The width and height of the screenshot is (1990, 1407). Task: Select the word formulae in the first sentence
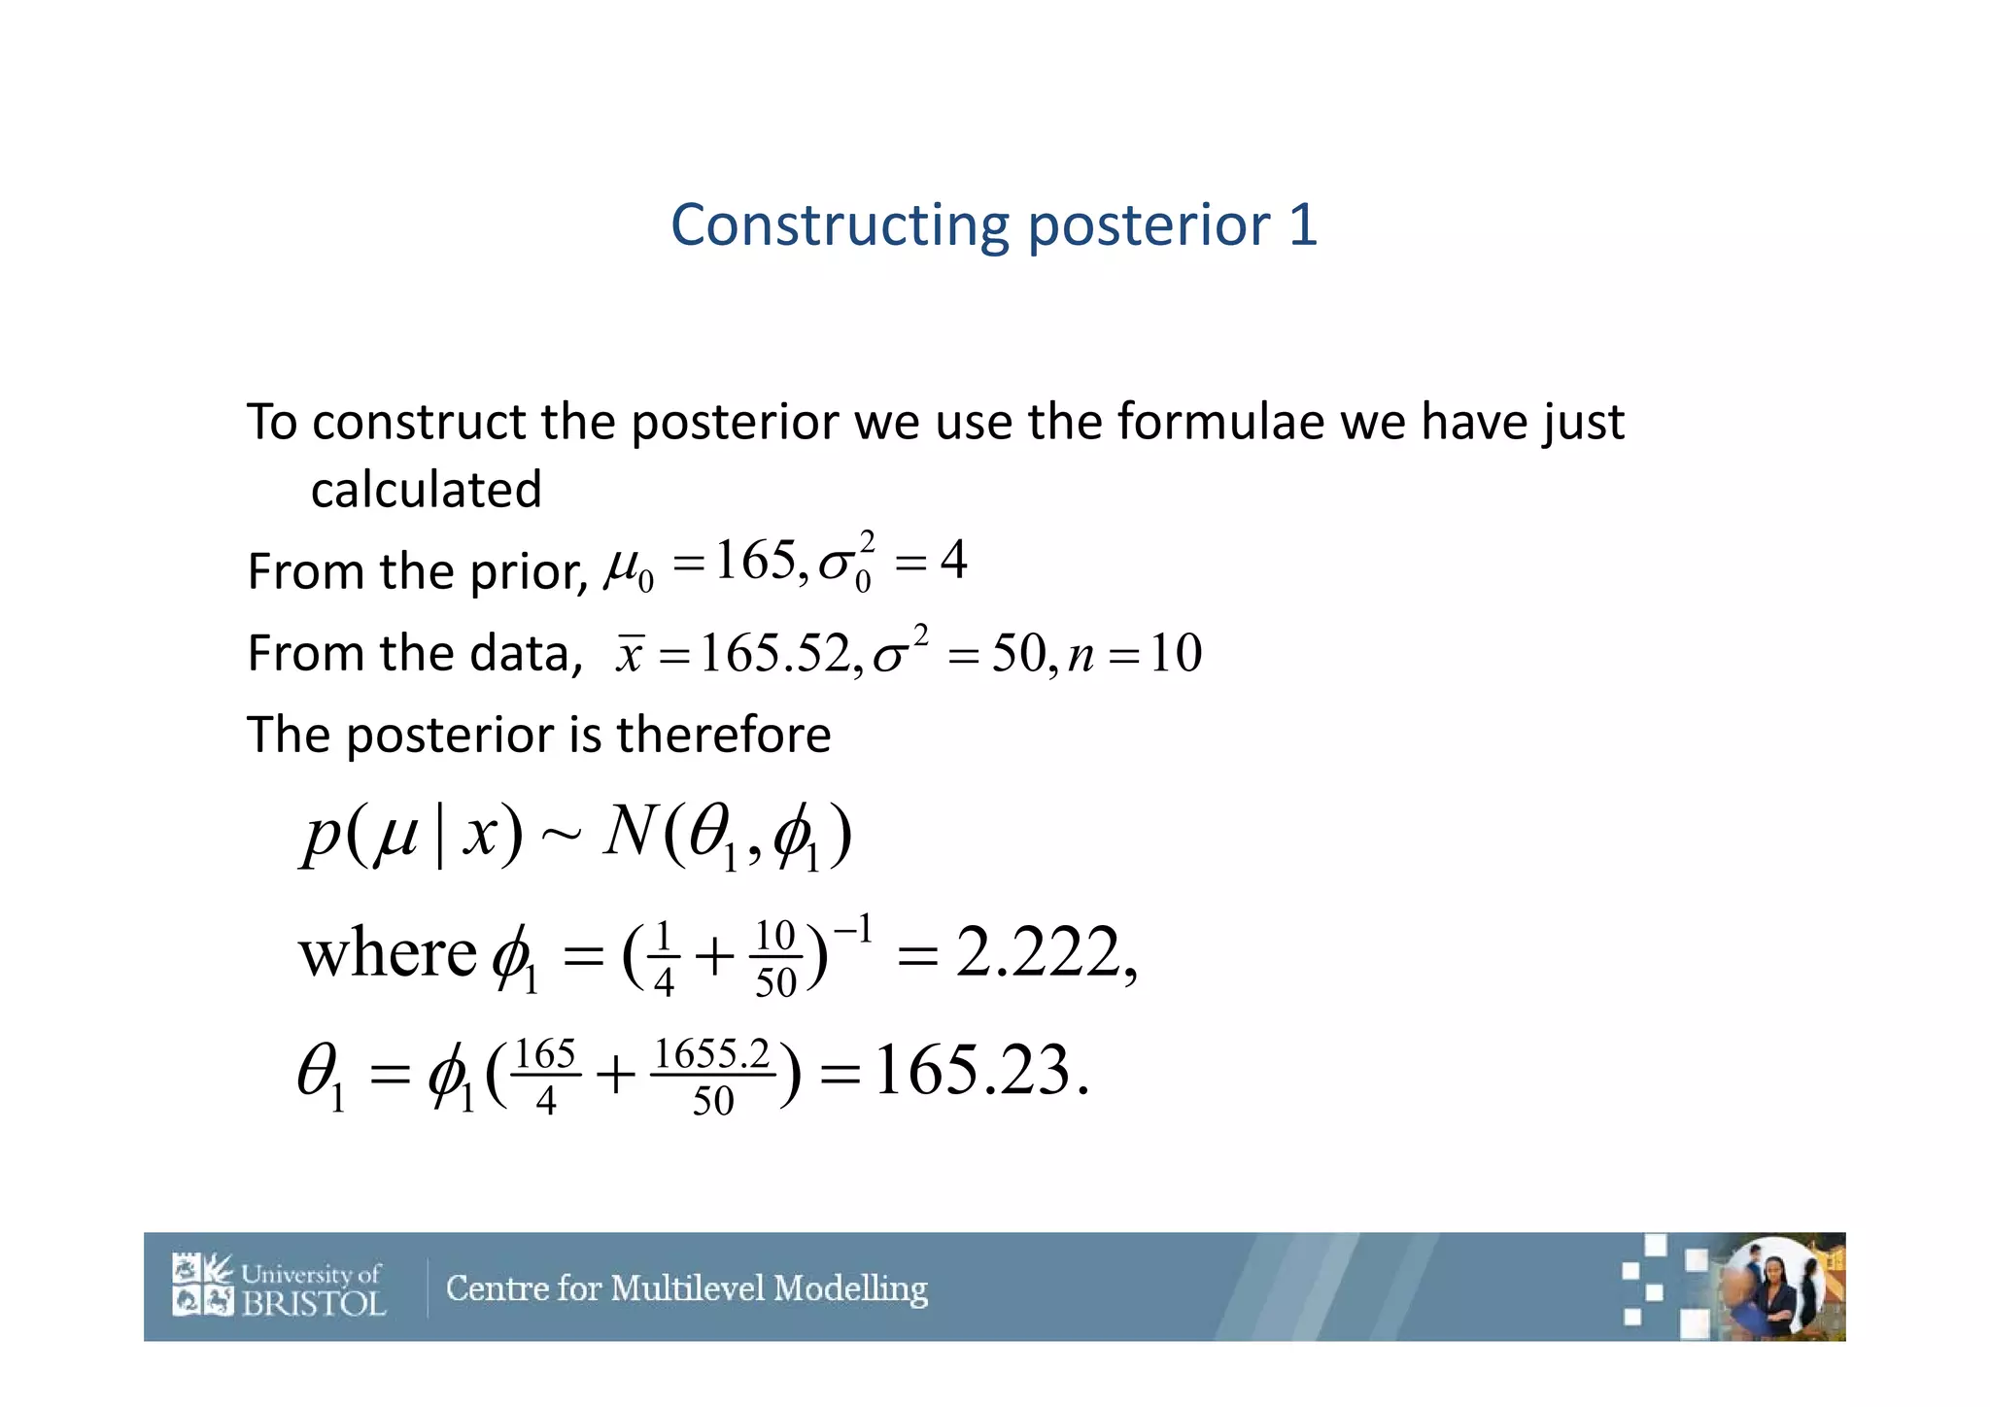(1219, 422)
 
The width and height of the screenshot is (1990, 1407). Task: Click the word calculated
(426, 489)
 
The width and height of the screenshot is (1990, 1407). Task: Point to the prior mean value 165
(755, 561)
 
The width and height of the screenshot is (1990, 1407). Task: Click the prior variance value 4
(953, 561)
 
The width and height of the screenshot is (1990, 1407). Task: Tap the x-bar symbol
(630, 653)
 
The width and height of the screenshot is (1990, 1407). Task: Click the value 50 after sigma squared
(1017, 653)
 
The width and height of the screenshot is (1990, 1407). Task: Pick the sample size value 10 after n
(1176, 653)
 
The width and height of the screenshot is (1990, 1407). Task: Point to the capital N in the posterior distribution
(631, 832)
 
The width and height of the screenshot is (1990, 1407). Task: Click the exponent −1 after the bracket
(853, 930)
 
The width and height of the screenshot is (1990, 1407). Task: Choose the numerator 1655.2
(712, 1054)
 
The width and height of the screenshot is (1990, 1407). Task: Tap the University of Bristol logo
(279, 1287)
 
